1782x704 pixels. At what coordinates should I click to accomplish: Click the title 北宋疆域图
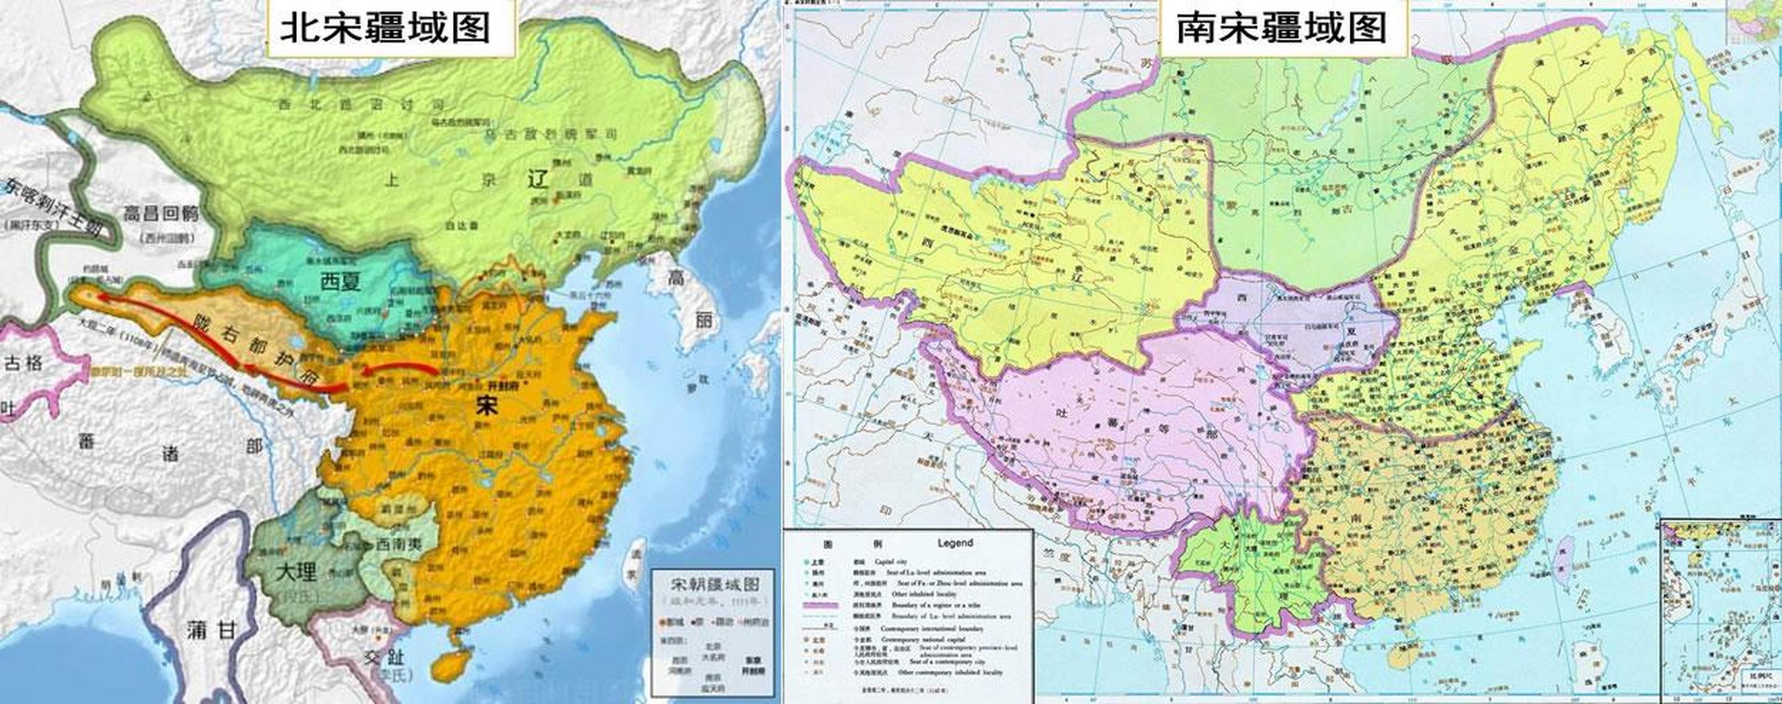[x=385, y=29]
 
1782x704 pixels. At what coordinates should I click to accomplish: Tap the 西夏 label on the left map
[x=341, y=282]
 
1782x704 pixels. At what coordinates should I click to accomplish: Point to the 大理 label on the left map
[x=295, y=573]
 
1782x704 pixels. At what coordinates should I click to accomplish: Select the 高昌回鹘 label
[x=161, y=213]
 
